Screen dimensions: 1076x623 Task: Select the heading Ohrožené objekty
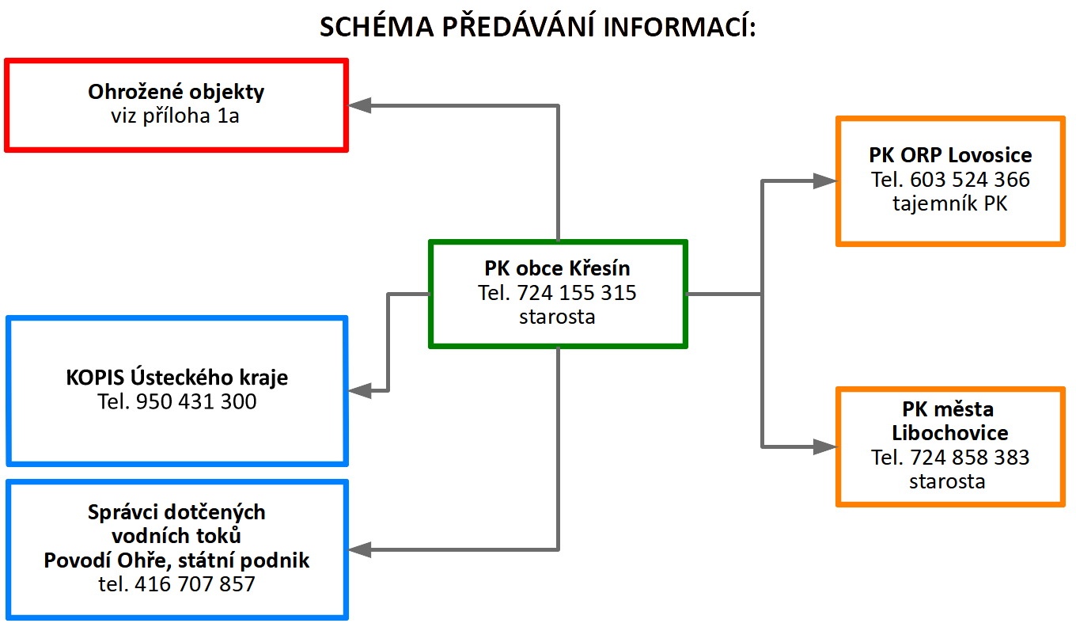tap(176, 93)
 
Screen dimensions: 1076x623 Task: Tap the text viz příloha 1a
tap(175, 116)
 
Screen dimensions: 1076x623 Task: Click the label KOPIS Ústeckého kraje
tap(176, 378)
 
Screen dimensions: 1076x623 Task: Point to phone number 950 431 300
tap(196, 401)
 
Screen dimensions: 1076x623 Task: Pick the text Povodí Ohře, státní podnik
tap(176, 560)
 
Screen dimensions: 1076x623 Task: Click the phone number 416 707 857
tap(195, 584)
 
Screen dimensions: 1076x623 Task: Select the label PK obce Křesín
tap(557, 268)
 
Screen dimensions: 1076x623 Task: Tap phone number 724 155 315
tap(577, 293)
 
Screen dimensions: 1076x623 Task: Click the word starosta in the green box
tap(557, 317)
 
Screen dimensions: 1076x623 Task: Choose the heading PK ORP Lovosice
tap(950, 155)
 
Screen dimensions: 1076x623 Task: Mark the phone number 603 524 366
tap(970, 180)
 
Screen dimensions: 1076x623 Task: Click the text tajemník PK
tap(950, 203)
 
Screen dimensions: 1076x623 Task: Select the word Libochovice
tap(950, 433)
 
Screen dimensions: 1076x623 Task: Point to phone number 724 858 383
tap(970, 458)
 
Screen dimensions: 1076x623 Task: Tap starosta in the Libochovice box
tap(947, 481)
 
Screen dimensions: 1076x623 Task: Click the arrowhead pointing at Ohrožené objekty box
tap(359, 105)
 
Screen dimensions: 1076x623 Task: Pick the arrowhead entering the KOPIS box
tap(359, 390)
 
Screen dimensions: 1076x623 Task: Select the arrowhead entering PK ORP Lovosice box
tap(825, 180)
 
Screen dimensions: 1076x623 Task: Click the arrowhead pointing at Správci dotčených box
tap(359, 549)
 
